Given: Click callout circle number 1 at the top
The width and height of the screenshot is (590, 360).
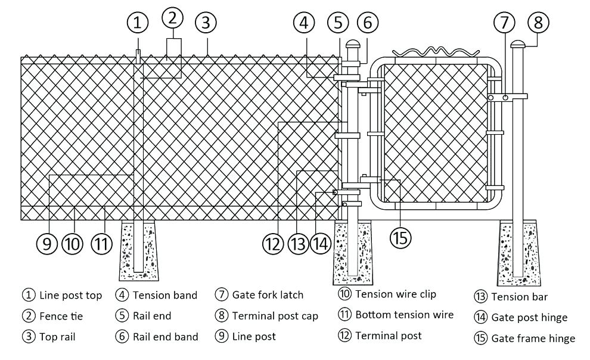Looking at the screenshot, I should (x=138, y=23).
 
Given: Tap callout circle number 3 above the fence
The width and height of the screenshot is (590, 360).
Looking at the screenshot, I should (x=206, y=23).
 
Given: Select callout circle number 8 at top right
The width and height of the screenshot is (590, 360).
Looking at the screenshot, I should (x=539, y=23).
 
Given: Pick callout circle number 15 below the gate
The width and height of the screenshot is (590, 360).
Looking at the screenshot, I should (x=400, y=237).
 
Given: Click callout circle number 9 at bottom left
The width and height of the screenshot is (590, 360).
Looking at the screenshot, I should (x=46, y=243).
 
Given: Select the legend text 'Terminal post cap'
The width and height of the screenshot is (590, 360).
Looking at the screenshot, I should (x=275, y=315).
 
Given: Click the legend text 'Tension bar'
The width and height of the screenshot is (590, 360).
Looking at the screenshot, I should (x=519, y=296).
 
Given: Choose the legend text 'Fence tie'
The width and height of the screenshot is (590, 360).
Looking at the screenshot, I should (x=61, y=316).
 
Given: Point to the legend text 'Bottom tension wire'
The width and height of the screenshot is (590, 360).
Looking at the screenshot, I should (x=404, y=314).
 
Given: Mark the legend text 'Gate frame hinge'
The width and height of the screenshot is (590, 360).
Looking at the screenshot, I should (x=533, y=338).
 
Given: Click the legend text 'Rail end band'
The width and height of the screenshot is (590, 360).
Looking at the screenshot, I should (x=165, y=337).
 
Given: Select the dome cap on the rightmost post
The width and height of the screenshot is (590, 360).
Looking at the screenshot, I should (x=517, y=43).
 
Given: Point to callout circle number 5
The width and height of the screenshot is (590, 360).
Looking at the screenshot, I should (x=338, y=23).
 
